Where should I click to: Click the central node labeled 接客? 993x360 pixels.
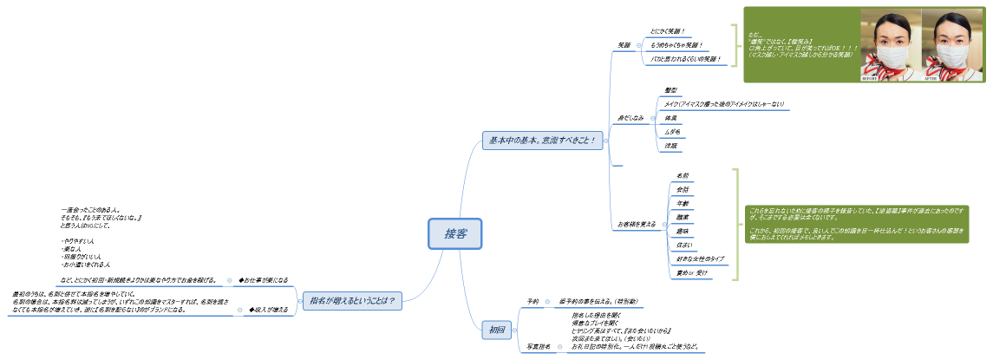454,233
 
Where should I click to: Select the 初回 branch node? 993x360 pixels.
497,330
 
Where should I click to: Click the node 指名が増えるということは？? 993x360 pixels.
352,301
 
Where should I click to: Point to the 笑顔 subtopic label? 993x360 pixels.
624,45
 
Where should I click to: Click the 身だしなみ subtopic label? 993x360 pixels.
630,117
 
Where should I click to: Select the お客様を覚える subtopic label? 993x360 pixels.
637,225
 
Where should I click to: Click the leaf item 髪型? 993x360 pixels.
670,90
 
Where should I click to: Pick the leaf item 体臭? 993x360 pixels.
670,117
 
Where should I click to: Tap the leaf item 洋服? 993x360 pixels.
670,146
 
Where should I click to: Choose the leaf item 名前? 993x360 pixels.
683,175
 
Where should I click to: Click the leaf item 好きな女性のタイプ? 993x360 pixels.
701,259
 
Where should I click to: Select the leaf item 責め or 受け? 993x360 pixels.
692,273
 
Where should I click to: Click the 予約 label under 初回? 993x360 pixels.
532,301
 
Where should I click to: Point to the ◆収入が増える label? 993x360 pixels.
268,309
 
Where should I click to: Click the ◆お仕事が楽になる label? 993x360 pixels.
263,280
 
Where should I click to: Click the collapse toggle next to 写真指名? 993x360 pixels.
559,346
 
